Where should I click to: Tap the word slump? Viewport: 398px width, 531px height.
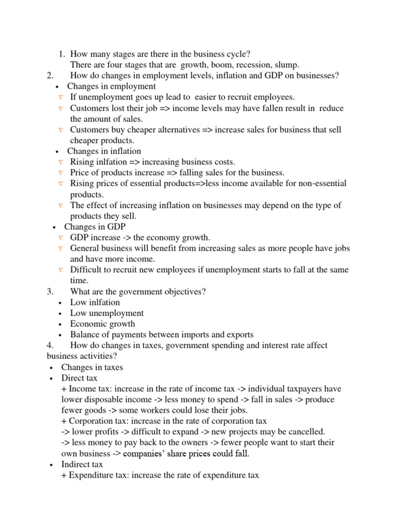[x=286, y=64]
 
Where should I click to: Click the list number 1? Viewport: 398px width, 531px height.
[x=61, y=53]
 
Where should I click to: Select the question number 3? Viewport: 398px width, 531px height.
[x=50, y=291]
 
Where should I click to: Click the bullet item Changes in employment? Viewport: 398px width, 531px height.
[x=111, y=86]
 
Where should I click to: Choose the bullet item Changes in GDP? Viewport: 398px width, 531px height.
[x=94, y=227]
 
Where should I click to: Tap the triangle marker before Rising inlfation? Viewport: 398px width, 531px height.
[x=61, y=162]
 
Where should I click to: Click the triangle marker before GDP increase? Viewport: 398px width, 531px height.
[x=61, y=238]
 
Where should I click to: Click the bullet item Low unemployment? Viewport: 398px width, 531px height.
[x=107, y=313]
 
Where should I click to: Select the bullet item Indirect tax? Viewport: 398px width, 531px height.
[x=82, y=465]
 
